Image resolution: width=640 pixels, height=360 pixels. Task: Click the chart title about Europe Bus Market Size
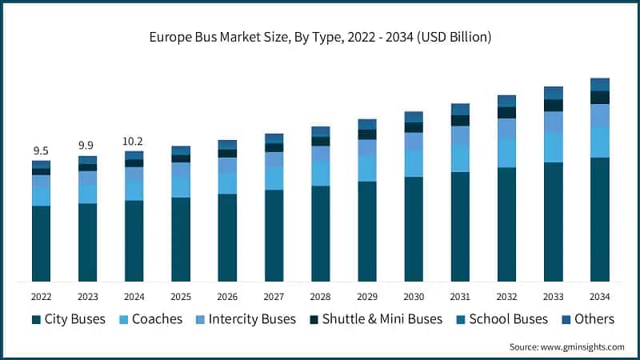pos(320,37)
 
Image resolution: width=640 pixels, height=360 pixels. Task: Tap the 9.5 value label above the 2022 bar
pos(41,151)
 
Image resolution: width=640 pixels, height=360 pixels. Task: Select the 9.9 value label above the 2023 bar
pos(87,145)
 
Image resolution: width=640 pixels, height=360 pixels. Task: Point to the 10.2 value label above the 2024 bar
pos(134,141)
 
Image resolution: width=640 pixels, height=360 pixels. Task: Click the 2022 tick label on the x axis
pos(41,296)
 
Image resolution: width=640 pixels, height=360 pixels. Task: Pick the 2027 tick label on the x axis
pos(274,296)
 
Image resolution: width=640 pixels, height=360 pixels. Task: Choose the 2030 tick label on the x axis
pos(413,296)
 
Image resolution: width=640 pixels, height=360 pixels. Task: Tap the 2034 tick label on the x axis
pos(599,296)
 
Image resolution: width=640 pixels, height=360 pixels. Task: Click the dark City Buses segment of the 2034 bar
pos(599,219)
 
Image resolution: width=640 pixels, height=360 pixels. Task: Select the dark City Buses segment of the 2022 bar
pos(41,243)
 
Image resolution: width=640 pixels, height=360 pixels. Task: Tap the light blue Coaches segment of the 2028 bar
pos(320,174)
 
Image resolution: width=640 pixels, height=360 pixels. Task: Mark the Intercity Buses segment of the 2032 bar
pos(506,128)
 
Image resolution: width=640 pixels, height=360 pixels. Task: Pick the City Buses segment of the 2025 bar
pos(181,239)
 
